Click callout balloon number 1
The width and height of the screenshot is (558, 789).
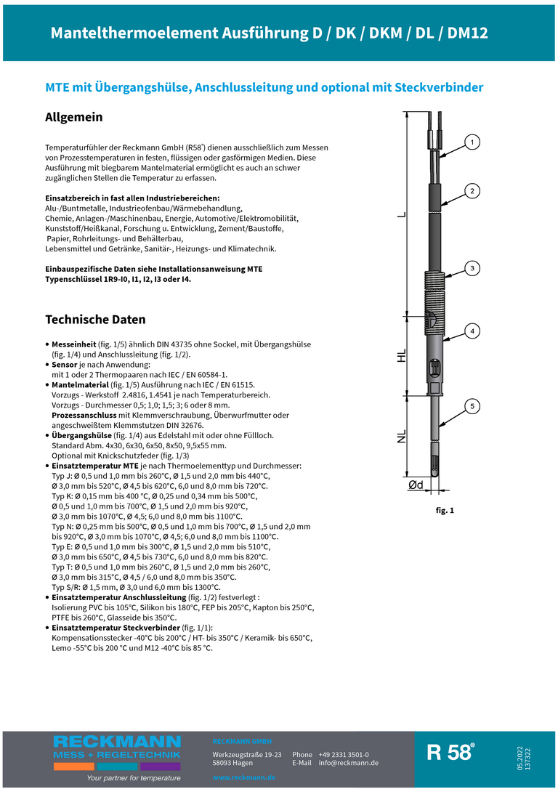click(472, 142)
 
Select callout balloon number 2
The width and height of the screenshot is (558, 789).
click(472, 191)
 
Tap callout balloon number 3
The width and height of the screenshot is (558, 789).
click(472, 269)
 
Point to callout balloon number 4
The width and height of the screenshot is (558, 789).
click(472, 331)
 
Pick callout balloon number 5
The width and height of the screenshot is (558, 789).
click(472, 406)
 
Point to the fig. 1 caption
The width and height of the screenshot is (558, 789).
click(445, 511)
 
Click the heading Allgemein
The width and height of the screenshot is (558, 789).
click(74, 117)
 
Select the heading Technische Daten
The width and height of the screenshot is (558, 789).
click(95, 320)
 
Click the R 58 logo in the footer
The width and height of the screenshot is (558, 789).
click(450, 753)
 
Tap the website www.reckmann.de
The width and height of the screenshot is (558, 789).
click(244, 777)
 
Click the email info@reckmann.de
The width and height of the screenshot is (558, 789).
click(348, 763)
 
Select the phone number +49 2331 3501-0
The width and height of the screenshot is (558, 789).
click(344, 755)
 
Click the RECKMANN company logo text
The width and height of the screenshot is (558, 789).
click(117, 742)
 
